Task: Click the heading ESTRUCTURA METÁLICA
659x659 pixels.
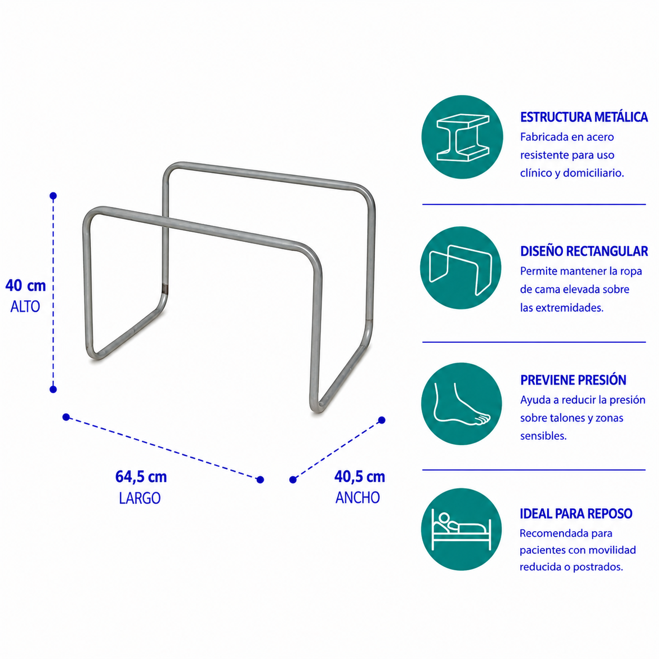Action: click(584, 117)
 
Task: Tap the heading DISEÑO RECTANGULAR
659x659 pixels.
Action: click(584, 251)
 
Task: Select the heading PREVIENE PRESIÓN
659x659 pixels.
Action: click(573, 380)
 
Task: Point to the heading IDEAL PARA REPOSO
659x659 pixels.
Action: click(576, 514)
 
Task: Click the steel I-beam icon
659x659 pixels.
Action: click(463, 137)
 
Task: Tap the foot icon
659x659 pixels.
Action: click(461, 404)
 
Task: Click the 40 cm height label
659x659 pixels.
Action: click(25, 286)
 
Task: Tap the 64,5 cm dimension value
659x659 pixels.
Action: click(141, 477)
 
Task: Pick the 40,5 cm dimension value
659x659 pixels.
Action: click(360, 477)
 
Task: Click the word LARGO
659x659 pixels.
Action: click(140, 498)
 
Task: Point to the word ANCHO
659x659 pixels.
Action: click(358, 498)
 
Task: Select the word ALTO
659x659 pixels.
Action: click(25, 307)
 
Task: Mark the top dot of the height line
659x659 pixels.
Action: click(53, 196)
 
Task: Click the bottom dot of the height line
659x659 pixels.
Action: click(53, 389)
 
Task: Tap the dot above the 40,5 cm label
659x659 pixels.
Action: click(382, 420)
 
